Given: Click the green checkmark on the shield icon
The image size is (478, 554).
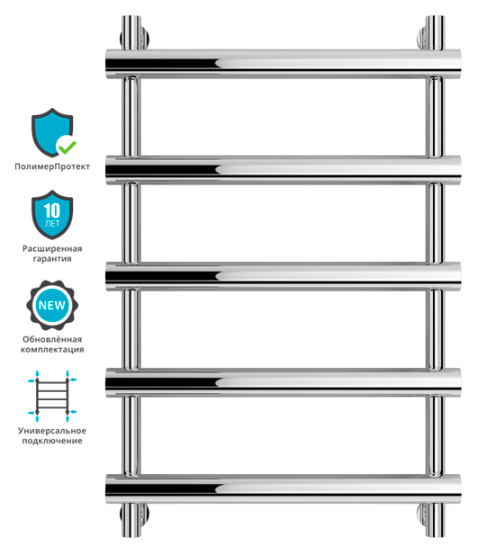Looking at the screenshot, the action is click(x=68, y=146).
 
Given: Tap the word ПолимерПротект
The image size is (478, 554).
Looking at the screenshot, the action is click(x=52, y=166).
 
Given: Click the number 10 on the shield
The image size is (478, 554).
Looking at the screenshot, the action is click(x=52, y=210).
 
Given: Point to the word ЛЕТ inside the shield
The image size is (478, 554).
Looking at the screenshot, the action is click(x=52, y=224).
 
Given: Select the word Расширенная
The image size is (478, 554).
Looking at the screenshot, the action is click(x=52, y=249).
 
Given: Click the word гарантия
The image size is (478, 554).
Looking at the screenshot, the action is click(x=52, y=259).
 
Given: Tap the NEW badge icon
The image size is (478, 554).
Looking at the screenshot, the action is click(x=52, y=305).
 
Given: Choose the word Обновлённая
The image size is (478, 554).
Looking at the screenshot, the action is click(x=52, y=339).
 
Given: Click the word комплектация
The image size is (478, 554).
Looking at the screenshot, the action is click(x=52, y=350).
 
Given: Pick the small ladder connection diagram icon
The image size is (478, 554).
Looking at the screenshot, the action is click(x=52, y=396).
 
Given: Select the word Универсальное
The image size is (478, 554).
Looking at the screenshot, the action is click(x=52, y=431).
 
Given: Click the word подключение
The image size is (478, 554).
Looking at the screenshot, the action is click(x=52, y=441).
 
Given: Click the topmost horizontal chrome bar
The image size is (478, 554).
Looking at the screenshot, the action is click(x=284, y=64).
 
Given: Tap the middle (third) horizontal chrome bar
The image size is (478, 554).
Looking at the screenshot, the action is click(x=284, y=276).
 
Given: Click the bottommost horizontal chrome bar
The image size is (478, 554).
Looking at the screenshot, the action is click(x=284, y=489).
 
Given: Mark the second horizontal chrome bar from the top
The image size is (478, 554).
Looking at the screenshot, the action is click(x=284, y=170).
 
